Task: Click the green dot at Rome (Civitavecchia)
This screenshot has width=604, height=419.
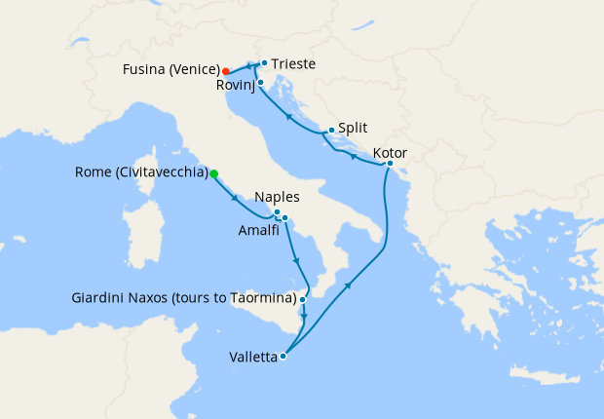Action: pyautogui.click(x=214, y=174)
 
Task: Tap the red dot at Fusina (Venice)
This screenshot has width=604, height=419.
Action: pyautogui.click(x=225, y=71)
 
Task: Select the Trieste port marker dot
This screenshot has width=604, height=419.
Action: pyautogui.click(x=264, y=63)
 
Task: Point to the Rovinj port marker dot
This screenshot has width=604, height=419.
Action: pyautogui.click(x=261, y=82)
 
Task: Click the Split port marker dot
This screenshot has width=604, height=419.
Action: pyautogui.click(x=331, y=131)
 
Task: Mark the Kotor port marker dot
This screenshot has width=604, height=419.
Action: pyautogui.click(x=389, y=164)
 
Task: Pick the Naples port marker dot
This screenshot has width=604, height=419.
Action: pyautogui.click(x=277, y=212)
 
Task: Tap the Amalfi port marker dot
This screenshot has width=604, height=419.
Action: pyautogui.click(x=284, y=217)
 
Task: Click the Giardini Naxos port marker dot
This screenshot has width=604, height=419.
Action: pyautogui.click(x=304, y=299)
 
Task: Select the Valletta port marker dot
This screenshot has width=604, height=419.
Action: pyautogui.click(x=283, y=356)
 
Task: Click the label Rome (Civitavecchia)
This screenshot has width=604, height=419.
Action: pyautogui.click(x=141, y=173)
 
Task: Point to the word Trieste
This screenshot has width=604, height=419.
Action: pyautogui.click(x=293, y=63)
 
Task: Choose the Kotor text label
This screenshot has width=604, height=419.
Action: pyautogui.click(x=390, y=153)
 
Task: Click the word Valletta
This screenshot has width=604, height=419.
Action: pyautogui.click(x=252, y=357)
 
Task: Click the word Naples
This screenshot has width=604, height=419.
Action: pyautogui.click(x=276, y=198)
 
